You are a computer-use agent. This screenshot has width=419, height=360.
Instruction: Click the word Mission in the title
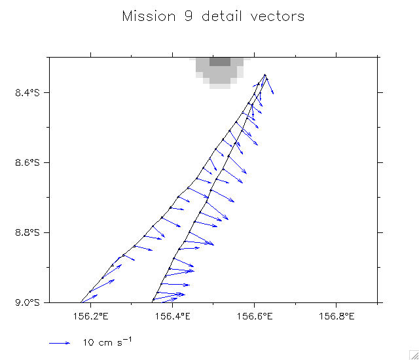click(145, 16)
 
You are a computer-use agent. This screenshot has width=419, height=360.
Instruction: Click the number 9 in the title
click(180, 16)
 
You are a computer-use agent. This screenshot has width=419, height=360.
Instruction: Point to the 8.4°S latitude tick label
click(27, 92)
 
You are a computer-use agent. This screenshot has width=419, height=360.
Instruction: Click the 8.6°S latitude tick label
click(27, 162)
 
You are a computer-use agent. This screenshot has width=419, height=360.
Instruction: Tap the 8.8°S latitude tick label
click(27, 232)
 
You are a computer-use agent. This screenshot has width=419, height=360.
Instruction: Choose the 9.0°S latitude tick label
click(27, 302)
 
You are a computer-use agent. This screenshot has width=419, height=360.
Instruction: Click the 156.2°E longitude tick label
click(90, 317)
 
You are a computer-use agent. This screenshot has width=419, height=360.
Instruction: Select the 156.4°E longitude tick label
click(172, 317)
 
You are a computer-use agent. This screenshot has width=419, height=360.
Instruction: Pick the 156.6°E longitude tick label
click(254, 317)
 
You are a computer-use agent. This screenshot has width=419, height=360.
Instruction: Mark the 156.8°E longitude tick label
click(336, 317)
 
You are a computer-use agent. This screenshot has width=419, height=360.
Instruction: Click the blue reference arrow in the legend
click(60, 342)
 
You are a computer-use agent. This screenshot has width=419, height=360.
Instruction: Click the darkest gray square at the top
click(220, 62)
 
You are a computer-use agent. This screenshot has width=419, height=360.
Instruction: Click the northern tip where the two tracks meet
click(265, 75)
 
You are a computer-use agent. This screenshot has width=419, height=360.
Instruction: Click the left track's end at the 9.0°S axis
click(81, 302)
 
